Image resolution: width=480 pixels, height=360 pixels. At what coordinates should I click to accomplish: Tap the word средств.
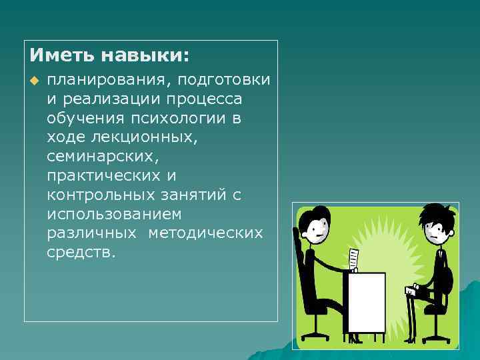tap(81, 253)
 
